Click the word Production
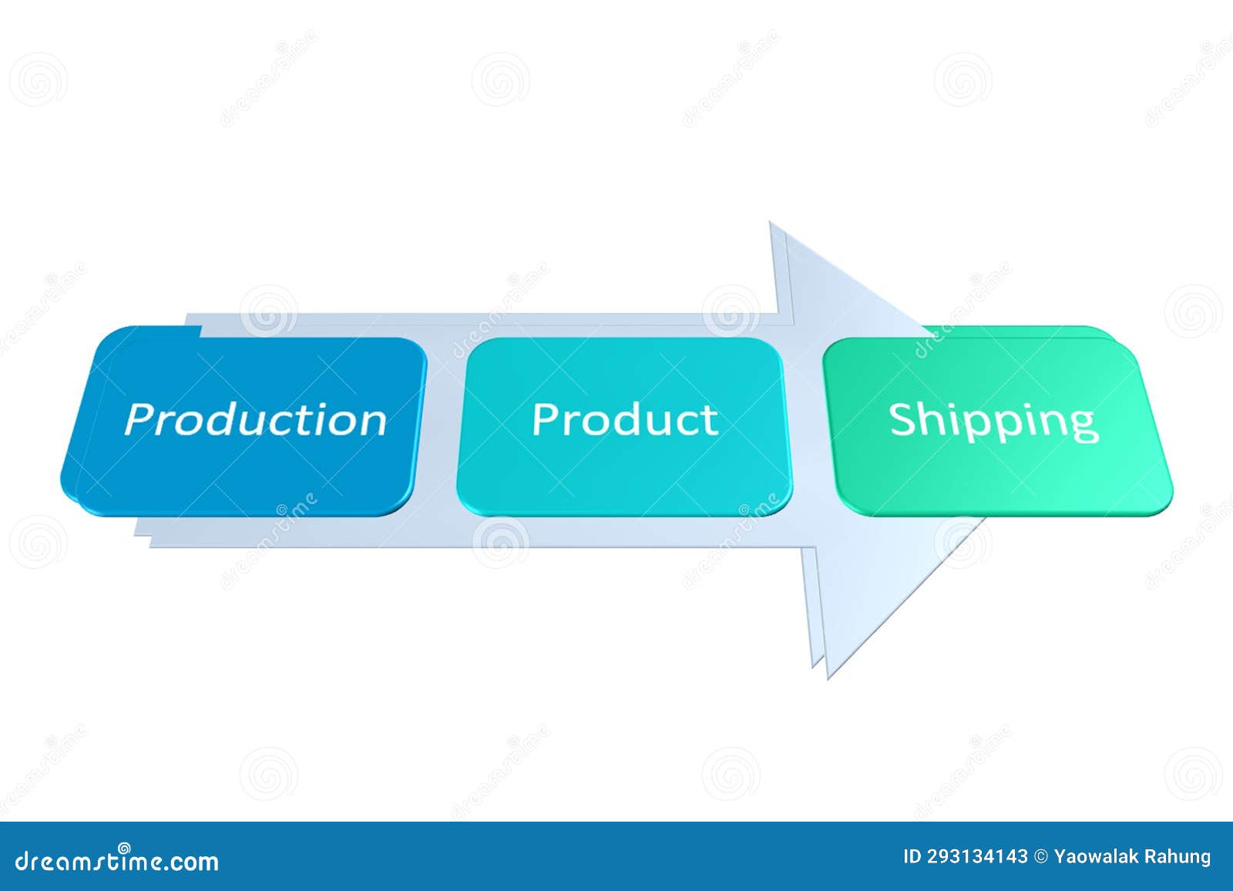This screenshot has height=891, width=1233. tap(255, 420)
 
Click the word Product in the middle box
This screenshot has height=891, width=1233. tap(625, 419)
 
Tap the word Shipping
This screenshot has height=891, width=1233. tap(993, 421)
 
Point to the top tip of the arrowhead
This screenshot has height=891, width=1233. tap(771, 224)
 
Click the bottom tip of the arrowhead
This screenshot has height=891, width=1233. tap(828, 677)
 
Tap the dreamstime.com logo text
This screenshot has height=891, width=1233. tap(117, 860)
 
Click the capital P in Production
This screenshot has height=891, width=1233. tap(139, 419)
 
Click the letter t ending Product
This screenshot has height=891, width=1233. tap(711, 420)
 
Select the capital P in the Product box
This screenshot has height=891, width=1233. tap(546, 419)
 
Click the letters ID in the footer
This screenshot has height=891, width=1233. tap(912, 856)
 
